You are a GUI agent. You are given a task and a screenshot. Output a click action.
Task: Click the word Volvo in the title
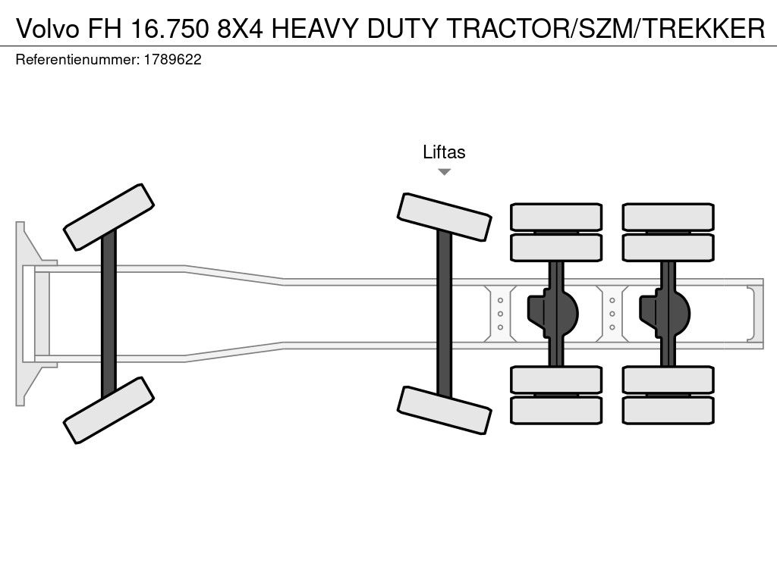[48, 28]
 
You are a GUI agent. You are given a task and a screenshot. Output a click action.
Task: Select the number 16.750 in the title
[169, 28]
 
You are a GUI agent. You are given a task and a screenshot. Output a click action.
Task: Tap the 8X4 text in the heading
[241, 28]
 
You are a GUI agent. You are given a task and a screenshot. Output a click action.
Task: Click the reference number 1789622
[172, 59]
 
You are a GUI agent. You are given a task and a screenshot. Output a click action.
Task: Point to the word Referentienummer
[77, 60]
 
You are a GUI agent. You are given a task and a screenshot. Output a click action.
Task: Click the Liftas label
[444, 152]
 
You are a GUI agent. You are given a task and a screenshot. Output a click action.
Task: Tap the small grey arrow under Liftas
[445, 172]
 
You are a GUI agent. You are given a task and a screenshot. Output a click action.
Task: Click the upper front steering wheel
[109, 217]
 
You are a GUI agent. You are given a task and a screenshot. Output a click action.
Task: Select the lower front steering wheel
[109, 410]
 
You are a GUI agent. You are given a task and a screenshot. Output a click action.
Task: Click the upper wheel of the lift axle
[445, 217]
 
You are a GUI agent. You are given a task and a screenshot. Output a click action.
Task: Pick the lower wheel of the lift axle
[445, 410]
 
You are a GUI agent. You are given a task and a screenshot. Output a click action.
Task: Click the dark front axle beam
[109, 314]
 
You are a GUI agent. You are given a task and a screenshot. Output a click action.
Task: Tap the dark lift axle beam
[445, 314]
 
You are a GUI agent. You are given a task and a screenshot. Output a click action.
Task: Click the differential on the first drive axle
[552, 313]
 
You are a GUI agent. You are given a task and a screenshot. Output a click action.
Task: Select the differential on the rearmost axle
[665, 313]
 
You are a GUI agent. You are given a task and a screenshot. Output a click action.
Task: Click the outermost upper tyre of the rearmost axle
[668, 217]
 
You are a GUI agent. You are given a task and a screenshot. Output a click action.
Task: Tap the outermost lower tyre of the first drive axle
[556, 410]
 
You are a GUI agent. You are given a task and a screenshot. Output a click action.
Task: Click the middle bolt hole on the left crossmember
[501, 314]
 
